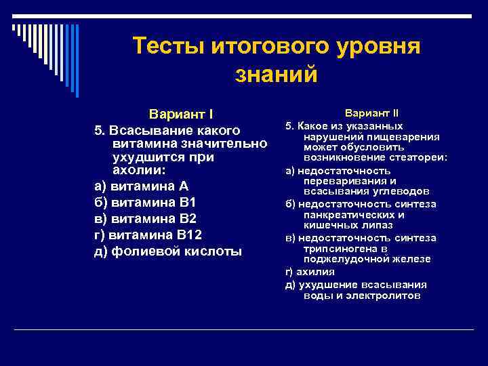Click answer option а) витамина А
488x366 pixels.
(141, 186)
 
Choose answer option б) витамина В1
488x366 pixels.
(145, 203)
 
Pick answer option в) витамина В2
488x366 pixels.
(145, 219)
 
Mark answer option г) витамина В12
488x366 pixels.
(148, 235)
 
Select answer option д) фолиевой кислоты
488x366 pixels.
(167, 251)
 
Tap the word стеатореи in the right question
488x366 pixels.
(421, 158)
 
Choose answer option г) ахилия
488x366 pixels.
(310, 272)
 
